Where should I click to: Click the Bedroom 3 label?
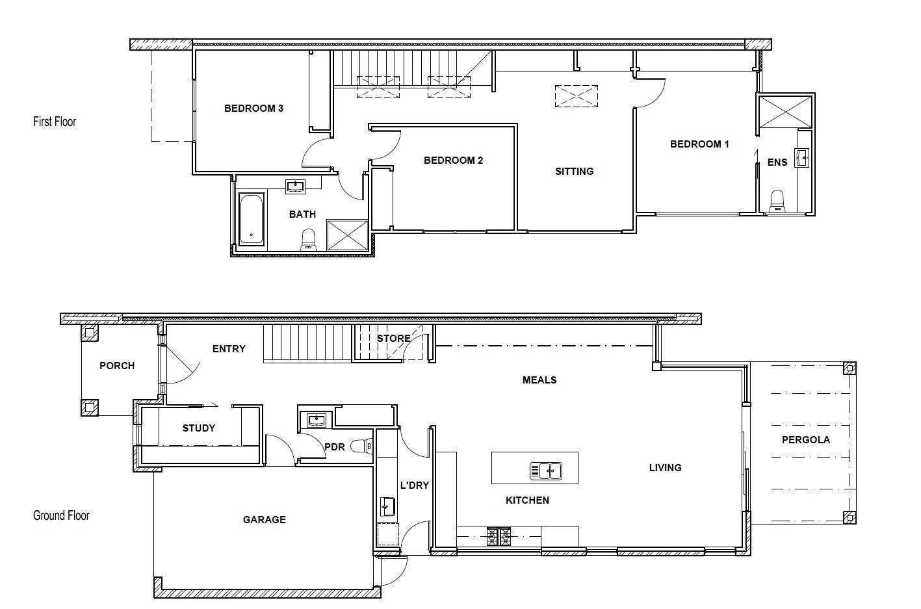click(253, 109)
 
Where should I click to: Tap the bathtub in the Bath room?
click(251, 219)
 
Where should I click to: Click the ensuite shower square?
click(786, 112)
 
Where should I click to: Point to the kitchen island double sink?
click(545, 471)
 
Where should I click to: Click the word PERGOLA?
click(805, 440)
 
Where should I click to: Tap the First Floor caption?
click(55, 122)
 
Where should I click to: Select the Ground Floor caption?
click(61, 515)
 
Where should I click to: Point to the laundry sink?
click(387, 506)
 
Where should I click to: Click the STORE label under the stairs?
click(393, 339)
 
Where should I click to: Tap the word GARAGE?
click(264, 520)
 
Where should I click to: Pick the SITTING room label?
click(574, 172)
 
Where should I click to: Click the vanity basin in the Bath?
click(296, 187)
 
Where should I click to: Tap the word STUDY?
click(198, 428)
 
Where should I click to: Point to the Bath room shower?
click(347, 235)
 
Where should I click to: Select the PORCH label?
click(117, 366)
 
